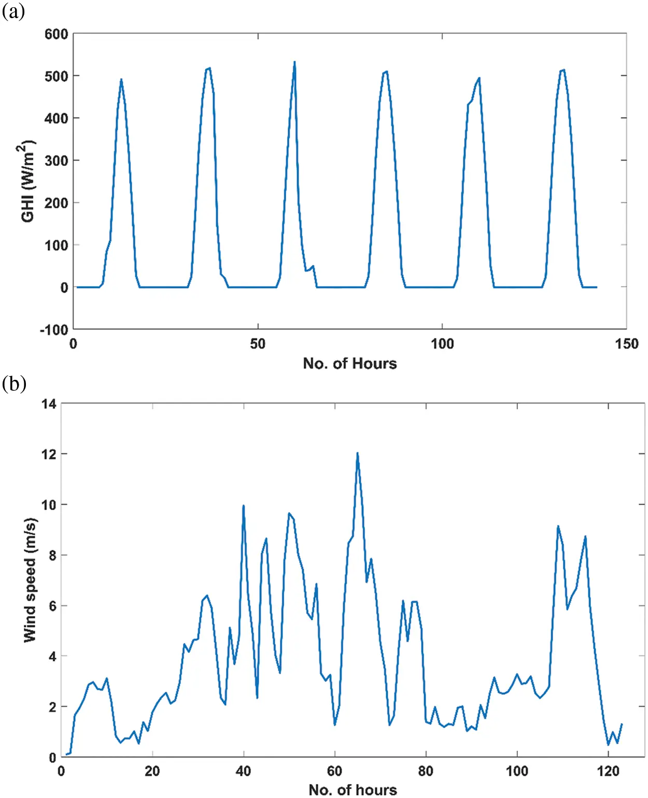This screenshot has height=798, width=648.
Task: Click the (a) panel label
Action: click(13, 11)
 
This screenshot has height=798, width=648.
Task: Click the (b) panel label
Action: click(14, 384)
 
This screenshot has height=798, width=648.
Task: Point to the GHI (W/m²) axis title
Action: click(28, 181)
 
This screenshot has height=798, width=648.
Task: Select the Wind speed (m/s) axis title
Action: click(31, 580)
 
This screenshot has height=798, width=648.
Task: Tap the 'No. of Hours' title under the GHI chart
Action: click(350, 364)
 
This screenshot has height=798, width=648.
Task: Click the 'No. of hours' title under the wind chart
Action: click(353, 789)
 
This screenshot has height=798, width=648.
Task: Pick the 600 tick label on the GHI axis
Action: click(57, 34)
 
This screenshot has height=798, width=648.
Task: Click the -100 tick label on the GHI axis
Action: click(54, 330)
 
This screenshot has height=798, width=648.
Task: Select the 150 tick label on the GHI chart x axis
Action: click(626, 344)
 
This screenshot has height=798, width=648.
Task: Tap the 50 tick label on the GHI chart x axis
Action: click(258, 344)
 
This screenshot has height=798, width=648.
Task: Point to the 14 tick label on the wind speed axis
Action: click(49, 404)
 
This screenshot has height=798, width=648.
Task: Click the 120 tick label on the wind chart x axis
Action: click(608, 772)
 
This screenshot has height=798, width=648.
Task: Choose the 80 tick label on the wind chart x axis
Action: click(426, 772)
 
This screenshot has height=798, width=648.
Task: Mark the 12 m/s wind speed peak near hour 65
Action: click(357, 454)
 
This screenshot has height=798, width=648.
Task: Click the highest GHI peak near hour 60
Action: click(294, 63)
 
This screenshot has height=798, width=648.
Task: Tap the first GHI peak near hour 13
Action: click(121, 80)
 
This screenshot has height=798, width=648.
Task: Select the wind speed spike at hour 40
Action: click(243, 506)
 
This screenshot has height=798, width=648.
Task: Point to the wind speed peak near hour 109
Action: click(558, 526)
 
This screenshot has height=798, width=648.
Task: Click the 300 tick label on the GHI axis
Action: click(57, 161)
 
